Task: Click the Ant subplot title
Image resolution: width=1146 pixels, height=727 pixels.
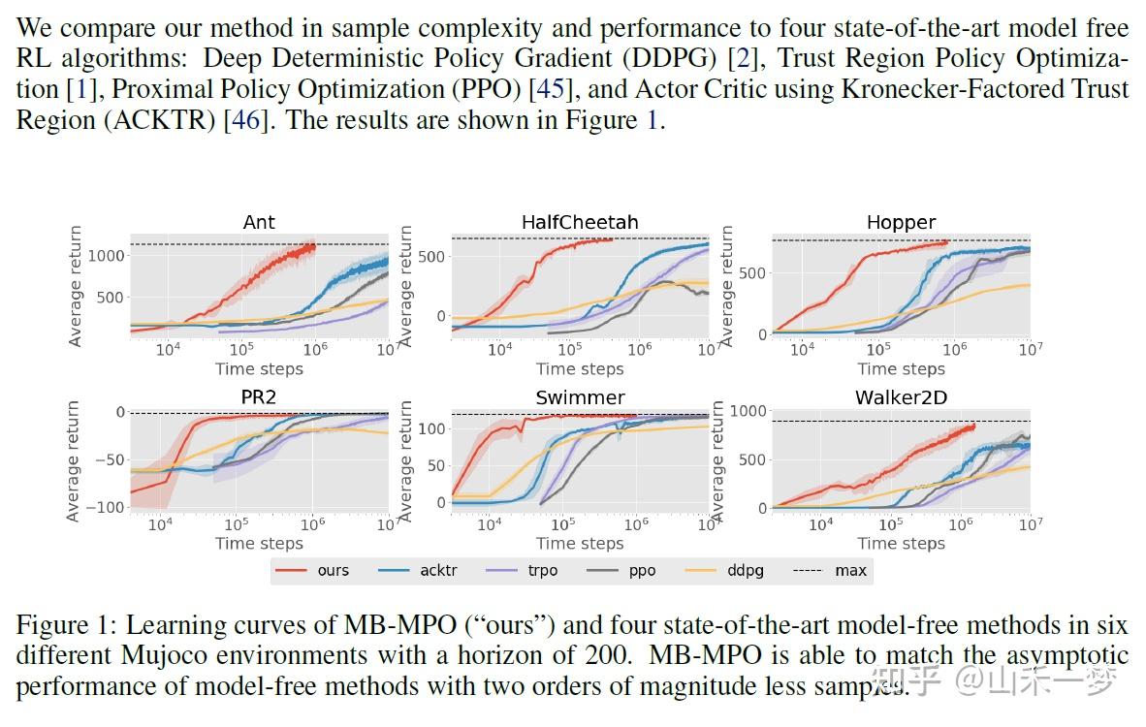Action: [x=259, y=222]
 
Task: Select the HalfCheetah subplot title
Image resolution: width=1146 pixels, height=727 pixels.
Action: [x=580, y=222]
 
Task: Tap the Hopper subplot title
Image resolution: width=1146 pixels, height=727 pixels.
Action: [x=901, y=222]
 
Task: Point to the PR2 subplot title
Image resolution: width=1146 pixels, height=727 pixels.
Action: [x=259, y=397]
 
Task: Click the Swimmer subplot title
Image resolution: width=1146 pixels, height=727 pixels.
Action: [x=580, y=397]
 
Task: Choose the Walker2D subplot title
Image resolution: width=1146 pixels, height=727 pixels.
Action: [x=901, y=397]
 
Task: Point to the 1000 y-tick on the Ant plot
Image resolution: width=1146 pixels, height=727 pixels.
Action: [x=106, y=255]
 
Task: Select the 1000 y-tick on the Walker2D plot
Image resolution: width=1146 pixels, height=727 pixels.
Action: [x=747, y=411]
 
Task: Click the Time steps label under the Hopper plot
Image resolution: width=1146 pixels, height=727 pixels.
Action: [x=901, y=368]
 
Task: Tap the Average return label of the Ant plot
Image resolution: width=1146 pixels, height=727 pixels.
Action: [x=75, y=287]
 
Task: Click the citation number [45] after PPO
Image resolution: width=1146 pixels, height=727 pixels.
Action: [x=552, y=90]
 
